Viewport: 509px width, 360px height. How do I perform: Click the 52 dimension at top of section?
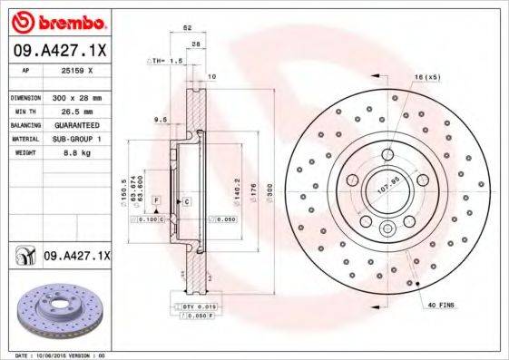coord(188,29)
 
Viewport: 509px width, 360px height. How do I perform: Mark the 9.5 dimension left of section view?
coord(160,119)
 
